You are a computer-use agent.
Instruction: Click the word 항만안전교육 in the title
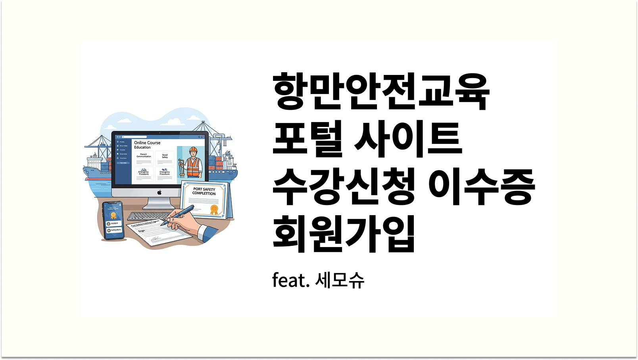tap(381, 92)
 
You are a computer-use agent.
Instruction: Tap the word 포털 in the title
tap(307, 139)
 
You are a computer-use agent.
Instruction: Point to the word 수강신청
tap(344, 186)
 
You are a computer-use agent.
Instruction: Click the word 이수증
tap(482, 186)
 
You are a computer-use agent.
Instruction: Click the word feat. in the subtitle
tap(290, 280)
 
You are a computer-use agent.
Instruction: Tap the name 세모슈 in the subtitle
tap(340, 280)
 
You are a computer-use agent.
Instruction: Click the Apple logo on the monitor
tap(159, 192)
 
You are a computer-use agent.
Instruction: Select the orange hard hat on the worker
tap(193, 150)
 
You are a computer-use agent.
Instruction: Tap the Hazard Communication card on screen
tap(144, 157)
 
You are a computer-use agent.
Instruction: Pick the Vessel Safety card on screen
tap(165, 157)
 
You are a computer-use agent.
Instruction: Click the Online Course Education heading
tap(147, 145)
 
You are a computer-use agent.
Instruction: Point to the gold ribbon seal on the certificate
tap(214, 209)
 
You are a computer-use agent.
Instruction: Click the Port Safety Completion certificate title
tap(204, 191)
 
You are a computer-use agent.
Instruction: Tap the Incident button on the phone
tap(113, 224)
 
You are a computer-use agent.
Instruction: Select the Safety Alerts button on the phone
tap(114, 230)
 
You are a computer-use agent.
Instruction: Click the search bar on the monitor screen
tap(135, 137)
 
